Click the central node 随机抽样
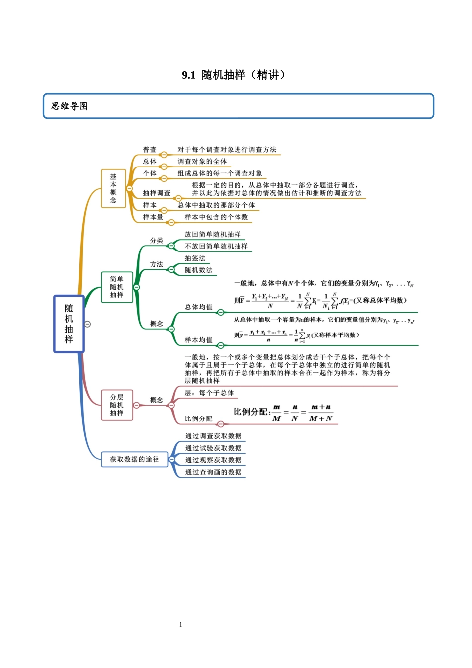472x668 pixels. [69, 324]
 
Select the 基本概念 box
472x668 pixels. [113, 188]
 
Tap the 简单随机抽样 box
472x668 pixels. [117, 287]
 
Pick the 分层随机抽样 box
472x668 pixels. [117, 405]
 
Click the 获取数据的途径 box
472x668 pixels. [135, 459]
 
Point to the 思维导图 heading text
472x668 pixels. [70, 106]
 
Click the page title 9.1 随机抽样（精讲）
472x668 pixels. [234, 75]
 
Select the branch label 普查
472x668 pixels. [150, 150]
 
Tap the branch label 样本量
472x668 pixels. [153, 217]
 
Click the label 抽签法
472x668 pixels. [195, 258]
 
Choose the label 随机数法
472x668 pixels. [198, 270]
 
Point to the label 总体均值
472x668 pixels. [198, 307]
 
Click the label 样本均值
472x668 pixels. [198, 340]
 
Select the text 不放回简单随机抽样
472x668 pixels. [216, 246]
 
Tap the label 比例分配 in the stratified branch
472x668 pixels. [198, 419]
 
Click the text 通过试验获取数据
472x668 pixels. [213, 448]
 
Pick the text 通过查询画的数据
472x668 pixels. [213, 472]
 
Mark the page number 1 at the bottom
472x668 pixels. [181, 625]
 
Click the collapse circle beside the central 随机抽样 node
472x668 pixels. [88, 324]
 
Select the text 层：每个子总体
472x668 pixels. [209, 393]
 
